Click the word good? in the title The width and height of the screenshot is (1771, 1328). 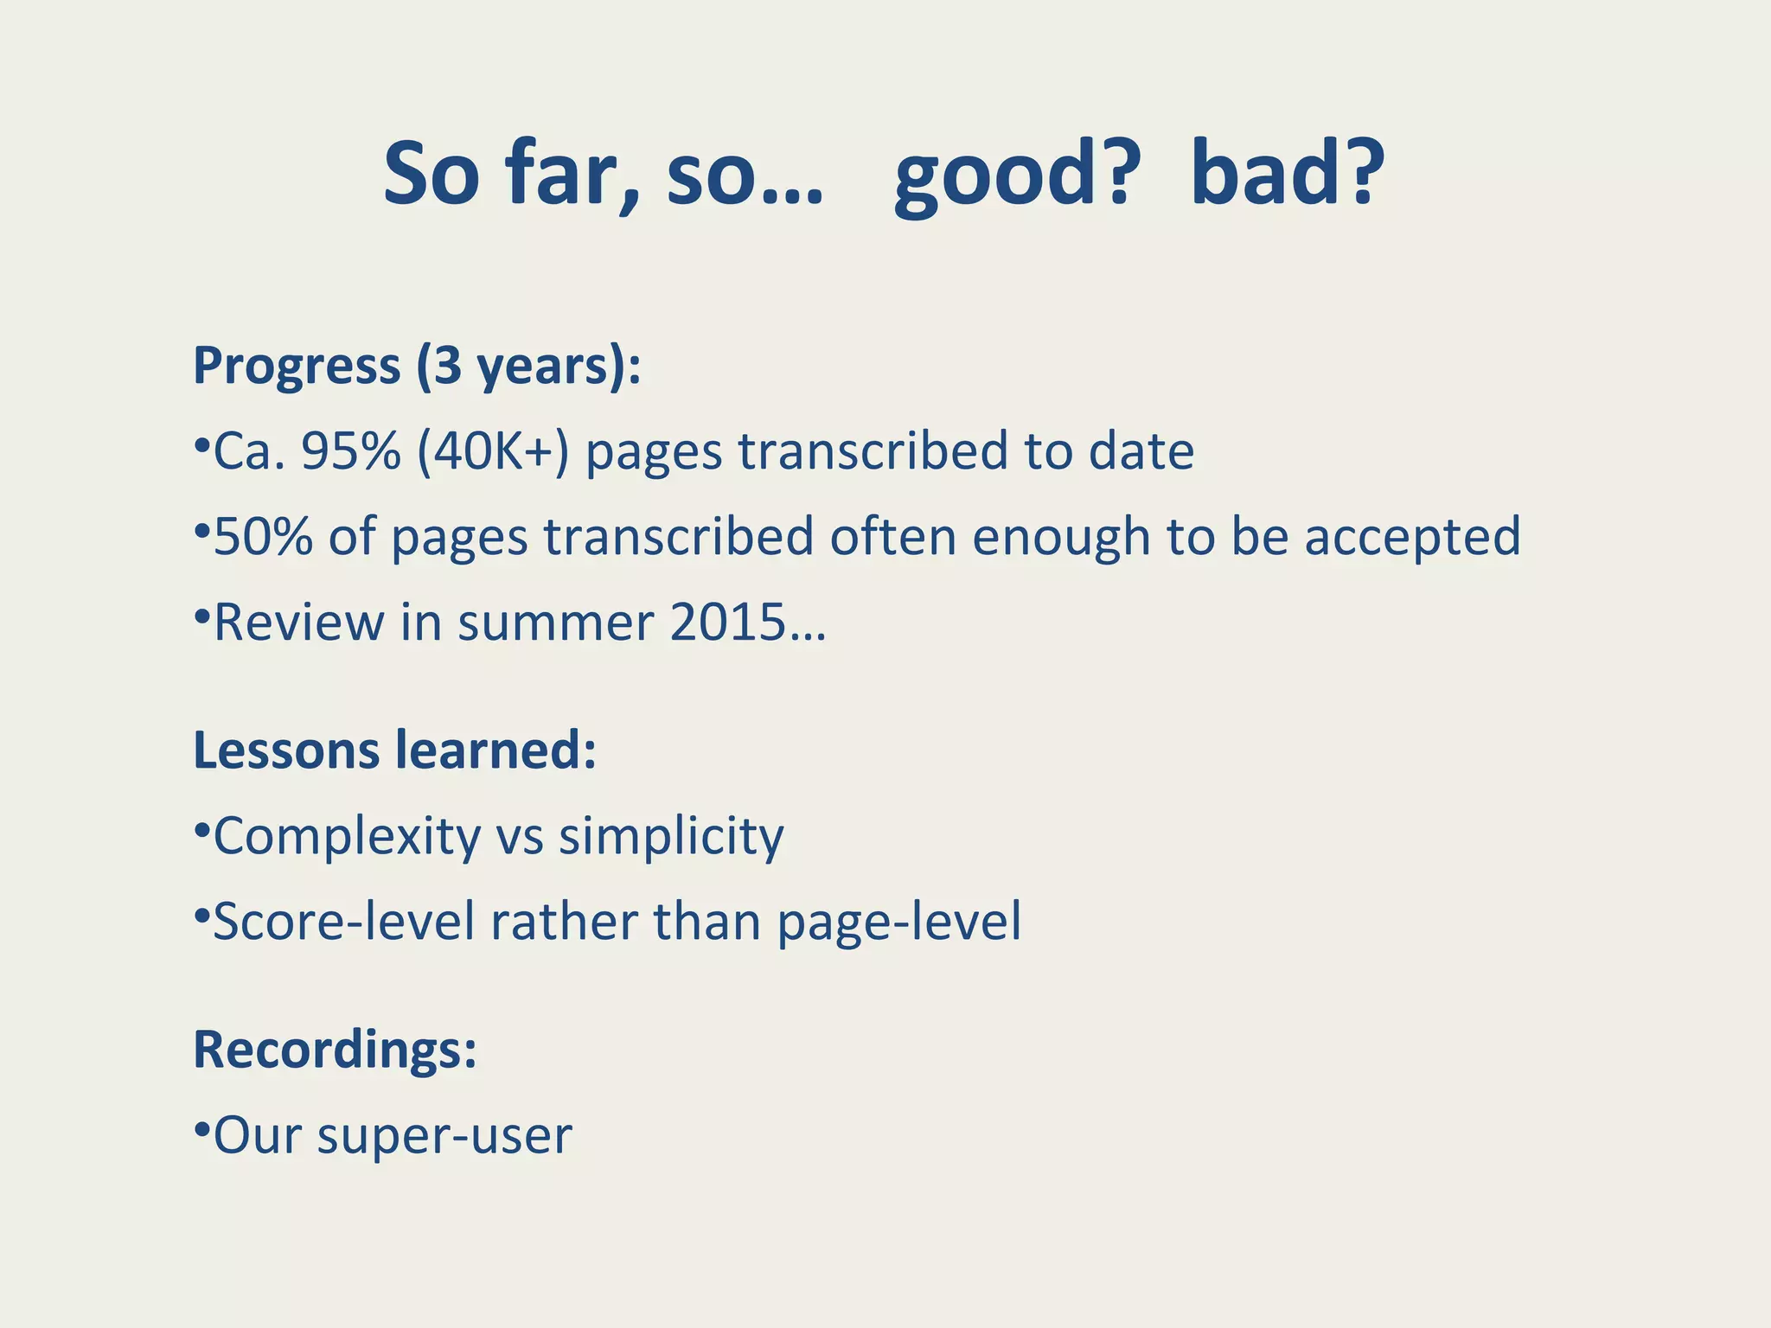1012,176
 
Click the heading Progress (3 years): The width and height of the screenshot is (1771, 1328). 417,366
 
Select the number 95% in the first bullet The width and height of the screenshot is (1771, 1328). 350,451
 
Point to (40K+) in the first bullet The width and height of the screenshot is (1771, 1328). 493,451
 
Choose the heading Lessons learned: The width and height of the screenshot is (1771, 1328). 394,750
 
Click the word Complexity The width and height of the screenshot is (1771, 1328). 347,837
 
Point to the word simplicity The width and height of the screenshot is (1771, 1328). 671,837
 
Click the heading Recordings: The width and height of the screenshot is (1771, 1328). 335,1050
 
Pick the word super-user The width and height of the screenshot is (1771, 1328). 444,1136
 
